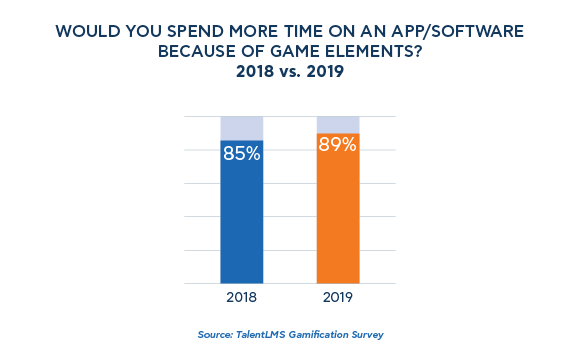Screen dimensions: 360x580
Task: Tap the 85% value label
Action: coord(241,154)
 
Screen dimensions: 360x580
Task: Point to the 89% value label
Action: coord(337,146)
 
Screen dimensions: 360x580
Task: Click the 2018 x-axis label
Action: coord(241,297)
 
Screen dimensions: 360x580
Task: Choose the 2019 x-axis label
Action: coord(337,297)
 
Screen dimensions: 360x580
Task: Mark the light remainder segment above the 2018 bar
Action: coord(241,128)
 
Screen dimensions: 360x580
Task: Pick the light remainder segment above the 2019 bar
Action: coord(337,124)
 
